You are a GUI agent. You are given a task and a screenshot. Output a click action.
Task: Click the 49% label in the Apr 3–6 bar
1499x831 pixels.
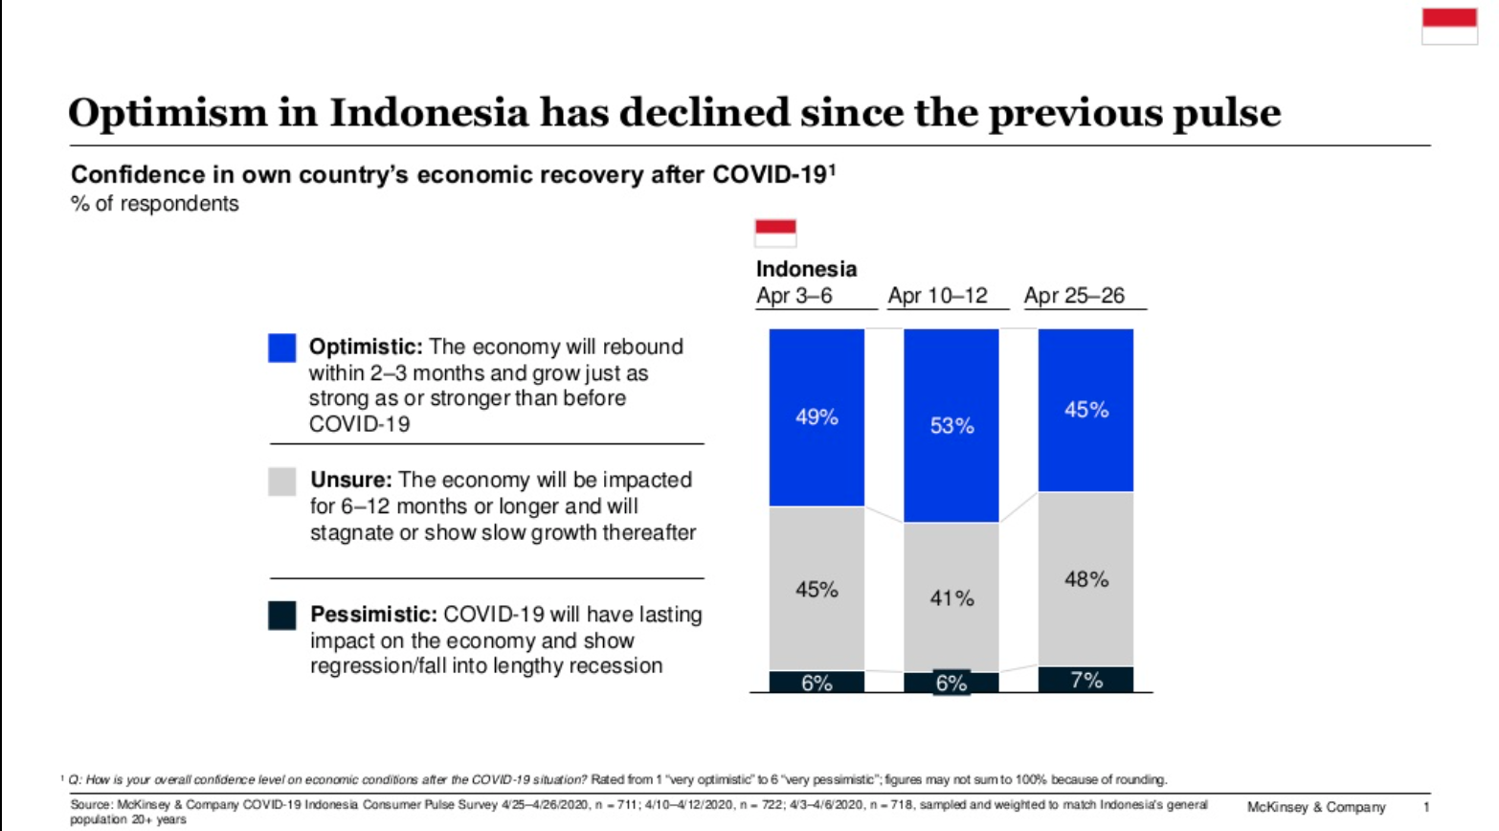tap(817, 417)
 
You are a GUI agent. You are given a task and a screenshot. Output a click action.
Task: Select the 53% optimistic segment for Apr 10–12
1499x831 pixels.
tap(951, 425)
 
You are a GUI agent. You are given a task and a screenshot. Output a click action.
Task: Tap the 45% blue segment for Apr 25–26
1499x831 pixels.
tap(1085, 410)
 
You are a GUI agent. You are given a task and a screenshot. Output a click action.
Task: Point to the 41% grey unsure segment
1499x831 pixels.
tap(951, 597)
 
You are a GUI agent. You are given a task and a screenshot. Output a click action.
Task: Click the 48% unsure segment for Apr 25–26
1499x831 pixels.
tap(1085, 579)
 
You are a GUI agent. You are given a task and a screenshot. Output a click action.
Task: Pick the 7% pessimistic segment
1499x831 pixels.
tap(1085, 680)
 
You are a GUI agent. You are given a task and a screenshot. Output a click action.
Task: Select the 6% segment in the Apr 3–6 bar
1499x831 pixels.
tap(817, 683)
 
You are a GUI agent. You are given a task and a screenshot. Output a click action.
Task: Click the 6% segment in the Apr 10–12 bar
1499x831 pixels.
tap(951, 683)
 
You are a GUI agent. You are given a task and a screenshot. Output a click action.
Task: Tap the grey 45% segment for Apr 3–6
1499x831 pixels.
tap(817, 589)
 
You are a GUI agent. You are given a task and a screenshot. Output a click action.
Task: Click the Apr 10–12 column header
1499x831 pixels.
tap(937, 296)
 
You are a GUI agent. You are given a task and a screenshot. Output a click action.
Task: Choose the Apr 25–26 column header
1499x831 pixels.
tap(1074, 296)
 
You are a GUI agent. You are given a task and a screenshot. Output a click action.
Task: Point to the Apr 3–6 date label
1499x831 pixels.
tap(794, 296)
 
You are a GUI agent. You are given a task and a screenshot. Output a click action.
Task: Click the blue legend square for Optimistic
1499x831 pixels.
tap(282, 348)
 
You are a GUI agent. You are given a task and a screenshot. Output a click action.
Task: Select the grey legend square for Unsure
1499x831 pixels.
tap(282, 482)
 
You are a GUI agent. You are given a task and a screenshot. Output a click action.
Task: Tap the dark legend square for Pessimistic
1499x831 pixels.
tap(282, 616)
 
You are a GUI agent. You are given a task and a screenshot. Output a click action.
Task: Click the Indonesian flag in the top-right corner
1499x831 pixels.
tap(1449, 27)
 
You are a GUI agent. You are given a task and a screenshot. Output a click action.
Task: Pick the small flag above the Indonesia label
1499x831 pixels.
tap(775, 233)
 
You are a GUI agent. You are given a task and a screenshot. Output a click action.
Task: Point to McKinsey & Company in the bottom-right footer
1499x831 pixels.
tap(1316, 807)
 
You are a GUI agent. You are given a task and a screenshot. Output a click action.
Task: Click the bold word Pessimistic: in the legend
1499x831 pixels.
tap(373, 615)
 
